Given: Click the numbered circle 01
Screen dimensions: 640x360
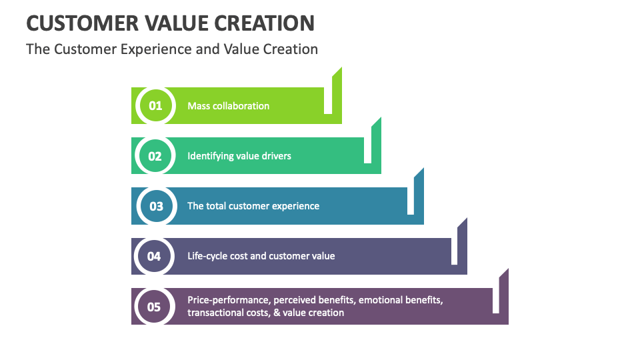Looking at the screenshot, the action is (x=155, y=106).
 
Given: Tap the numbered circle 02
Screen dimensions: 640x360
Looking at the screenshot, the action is (x=155, y=156).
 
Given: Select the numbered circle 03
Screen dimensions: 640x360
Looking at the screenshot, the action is (x=156, y=206).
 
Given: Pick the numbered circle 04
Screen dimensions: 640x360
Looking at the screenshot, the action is (x=154, y=256).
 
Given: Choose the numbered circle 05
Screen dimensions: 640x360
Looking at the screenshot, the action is (x=154, y=307).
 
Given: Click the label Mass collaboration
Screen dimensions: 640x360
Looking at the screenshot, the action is (x=228, y=106).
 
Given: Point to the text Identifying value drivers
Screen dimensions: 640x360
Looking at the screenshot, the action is (x=239, y=156).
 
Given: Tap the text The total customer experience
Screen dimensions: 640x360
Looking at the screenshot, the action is (x=253, y=206).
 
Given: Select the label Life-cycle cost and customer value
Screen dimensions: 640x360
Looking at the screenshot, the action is (x=261, y=256).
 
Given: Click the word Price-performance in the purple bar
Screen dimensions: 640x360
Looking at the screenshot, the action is (x=228, y=301).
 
